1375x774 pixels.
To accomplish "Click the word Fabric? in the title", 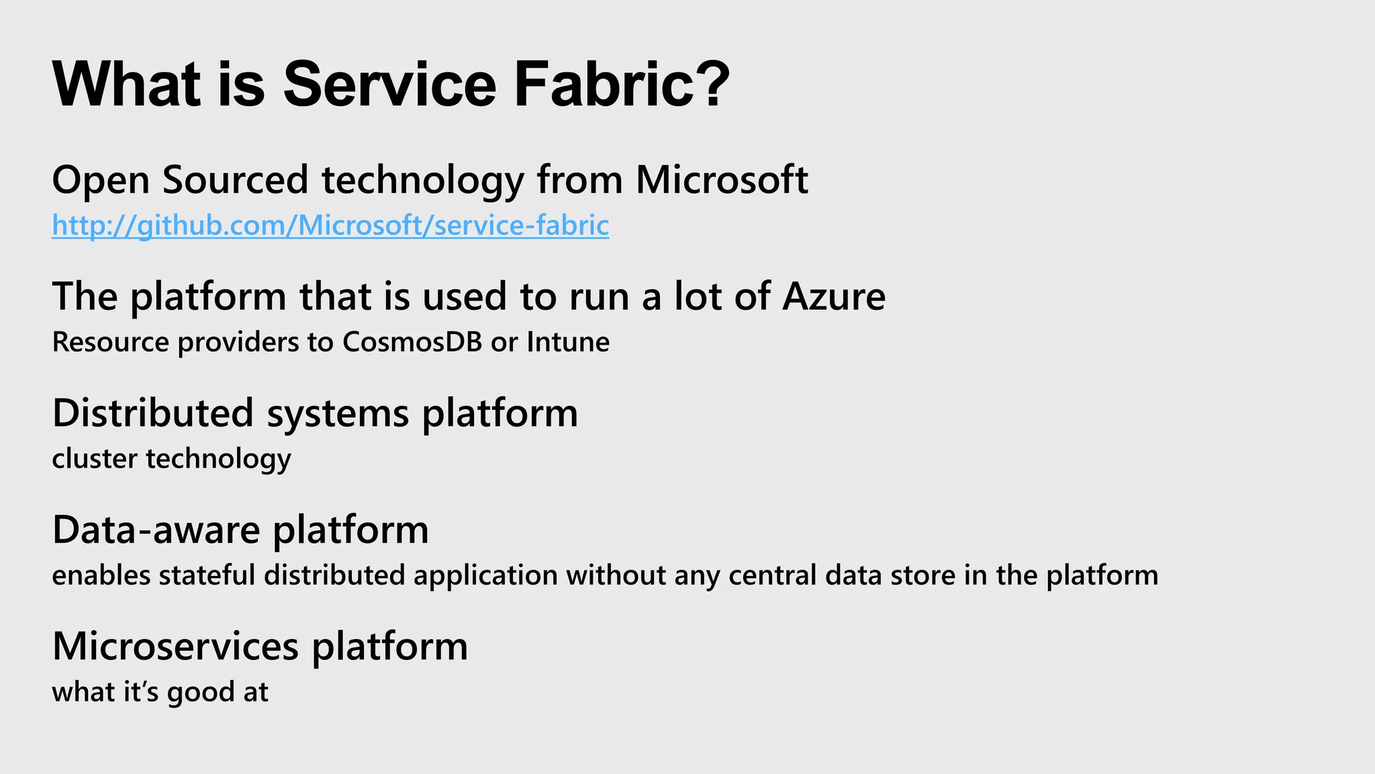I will (622, 85).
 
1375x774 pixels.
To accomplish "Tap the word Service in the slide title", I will (389, 85).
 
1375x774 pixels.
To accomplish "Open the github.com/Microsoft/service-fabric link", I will (330, 226).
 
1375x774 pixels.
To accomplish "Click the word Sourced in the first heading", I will (235, 180).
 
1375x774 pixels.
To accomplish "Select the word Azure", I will (833, 296).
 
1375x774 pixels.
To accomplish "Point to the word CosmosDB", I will (412, 342).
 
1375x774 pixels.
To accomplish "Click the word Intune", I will (568, 342).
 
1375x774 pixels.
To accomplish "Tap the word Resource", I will (110, 342).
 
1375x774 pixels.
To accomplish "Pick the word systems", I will (338, 413).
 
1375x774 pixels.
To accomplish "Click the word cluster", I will (94, 459).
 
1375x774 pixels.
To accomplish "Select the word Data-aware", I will (156, 530).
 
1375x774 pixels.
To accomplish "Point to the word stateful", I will (207, 576).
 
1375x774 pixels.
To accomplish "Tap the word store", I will (923, 576).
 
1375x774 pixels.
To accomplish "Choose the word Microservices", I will (175, 646).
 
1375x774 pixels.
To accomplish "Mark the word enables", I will (101, 576).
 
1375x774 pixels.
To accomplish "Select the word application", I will (485, 576).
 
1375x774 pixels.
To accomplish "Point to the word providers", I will (238, 342).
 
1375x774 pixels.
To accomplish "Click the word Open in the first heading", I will (100, 180).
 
